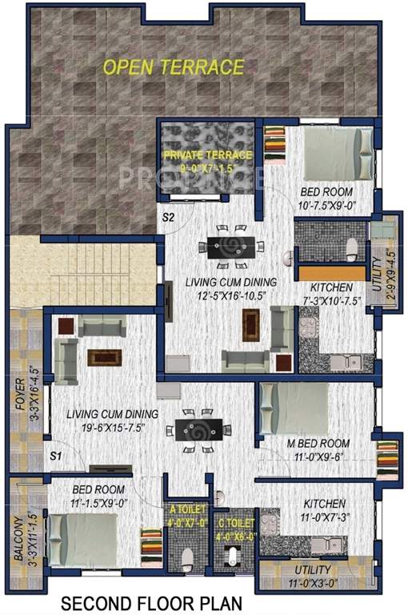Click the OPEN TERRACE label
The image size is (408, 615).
tap(173, 66)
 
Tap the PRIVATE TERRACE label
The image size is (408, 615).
tap(208, 154)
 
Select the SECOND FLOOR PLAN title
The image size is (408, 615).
tap(148, 601)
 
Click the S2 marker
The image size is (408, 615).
tap(170, 216)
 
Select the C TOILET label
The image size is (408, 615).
tap(235, 525)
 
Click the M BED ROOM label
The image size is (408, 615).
tap(318, 443)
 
